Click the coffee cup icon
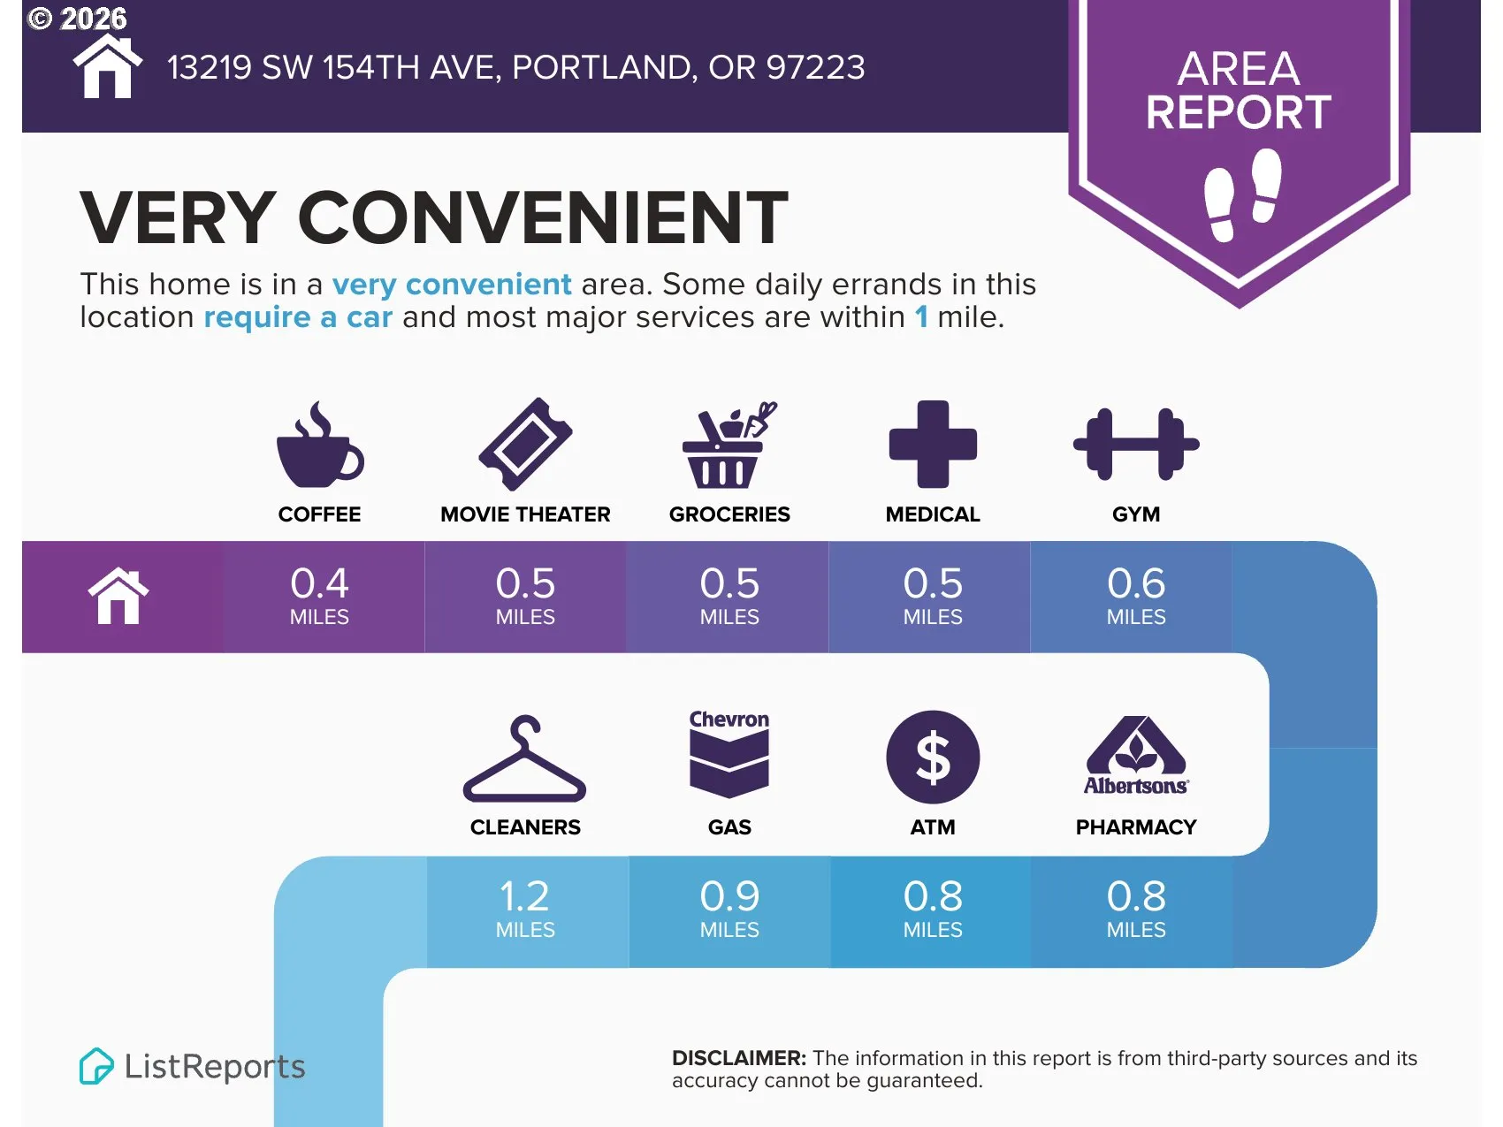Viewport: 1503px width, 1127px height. tap(318, 446)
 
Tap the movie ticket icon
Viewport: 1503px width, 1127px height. tap(525, 444)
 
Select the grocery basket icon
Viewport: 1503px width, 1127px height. tap(728, 445)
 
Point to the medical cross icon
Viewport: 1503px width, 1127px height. tap(933, 444)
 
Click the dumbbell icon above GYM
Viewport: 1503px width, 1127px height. tap(1136, 444)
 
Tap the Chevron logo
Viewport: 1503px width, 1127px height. tap(729, 753)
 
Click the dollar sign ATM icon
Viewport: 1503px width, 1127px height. tap(933, 758)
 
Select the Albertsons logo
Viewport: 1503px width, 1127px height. tap(1136, 756)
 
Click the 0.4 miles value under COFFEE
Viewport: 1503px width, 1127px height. tap(319, 596)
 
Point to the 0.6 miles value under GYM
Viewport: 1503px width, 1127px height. tap(1136, 596)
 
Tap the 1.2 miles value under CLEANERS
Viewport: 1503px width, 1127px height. tap(525, 909)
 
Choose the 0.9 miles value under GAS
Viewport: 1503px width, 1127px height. tap(729, 909)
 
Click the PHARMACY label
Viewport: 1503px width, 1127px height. tap(1136, 827)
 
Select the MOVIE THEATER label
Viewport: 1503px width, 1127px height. tap(525, 514)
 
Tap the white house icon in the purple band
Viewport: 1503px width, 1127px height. tap(118, 596)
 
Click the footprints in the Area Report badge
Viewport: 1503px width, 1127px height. tap(1243, 194)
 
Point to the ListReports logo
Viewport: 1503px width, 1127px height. tap(192, 1066)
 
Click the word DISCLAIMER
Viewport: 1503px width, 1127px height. tap(739, 1058)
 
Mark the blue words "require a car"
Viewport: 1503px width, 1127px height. tap(298, 316)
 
